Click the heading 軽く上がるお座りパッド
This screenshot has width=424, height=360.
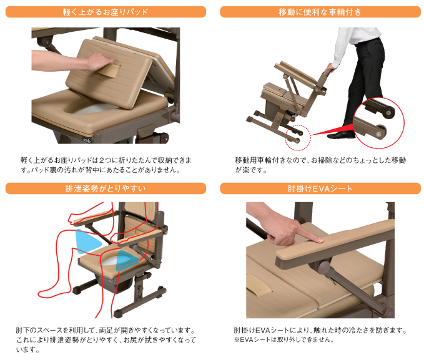[106, 11]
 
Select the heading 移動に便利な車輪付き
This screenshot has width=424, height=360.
[320, 11]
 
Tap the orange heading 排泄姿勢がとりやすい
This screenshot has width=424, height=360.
[106, 188]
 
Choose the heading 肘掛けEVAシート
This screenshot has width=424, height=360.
[320, 188]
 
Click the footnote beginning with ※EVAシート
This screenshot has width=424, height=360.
[283, 340]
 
